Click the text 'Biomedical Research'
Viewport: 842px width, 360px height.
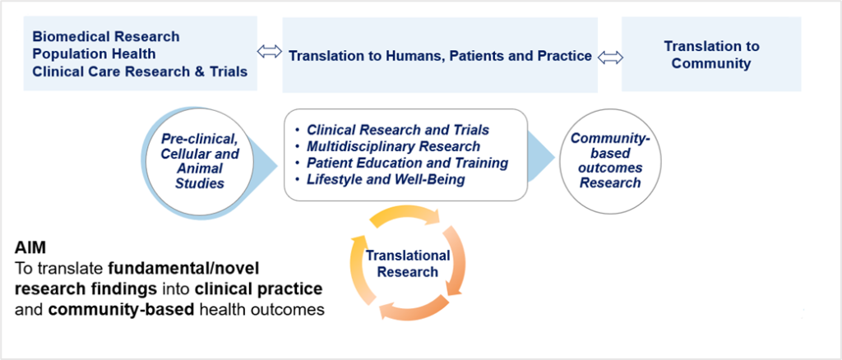pos(106,36)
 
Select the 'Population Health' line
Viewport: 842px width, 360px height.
pos(94,53)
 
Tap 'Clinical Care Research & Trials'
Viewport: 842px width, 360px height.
pos(140,72)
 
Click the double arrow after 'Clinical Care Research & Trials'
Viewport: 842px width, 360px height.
pos(270,52)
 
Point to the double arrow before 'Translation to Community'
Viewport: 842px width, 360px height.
pos(611,58)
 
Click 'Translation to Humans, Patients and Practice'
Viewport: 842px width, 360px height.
pos(441,56)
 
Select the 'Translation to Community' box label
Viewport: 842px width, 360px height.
pos(711,55)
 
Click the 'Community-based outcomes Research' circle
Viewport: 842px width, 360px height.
pos(610,161)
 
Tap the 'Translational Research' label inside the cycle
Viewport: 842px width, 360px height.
pos(408,264)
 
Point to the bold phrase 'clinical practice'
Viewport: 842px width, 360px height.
pos(258,288)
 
